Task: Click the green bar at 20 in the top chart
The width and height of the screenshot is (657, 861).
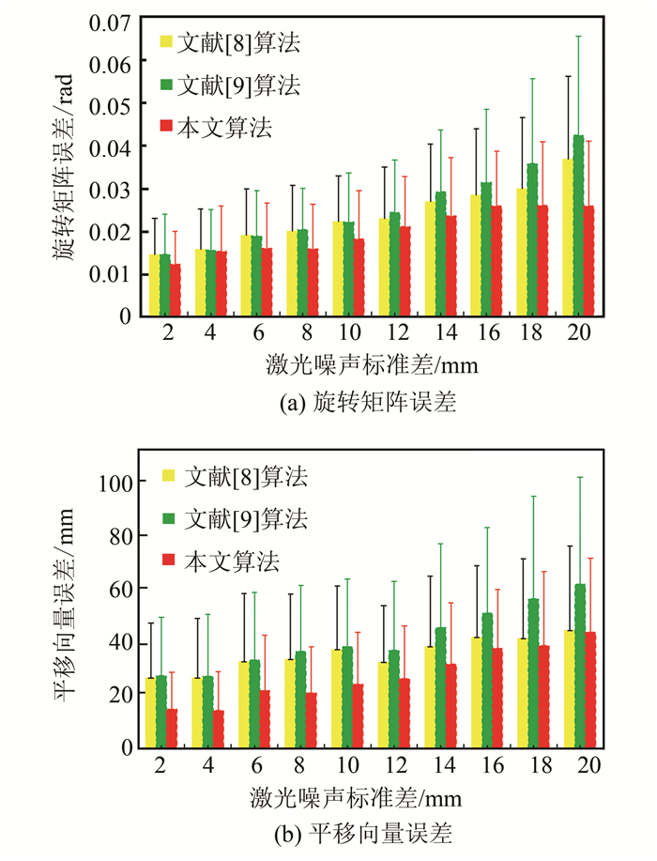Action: click(578, 225)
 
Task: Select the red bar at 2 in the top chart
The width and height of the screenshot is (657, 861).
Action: click(175, 290)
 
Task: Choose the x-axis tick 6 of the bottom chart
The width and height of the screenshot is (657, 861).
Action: click(255, 766)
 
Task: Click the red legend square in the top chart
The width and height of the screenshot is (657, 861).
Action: click(166, 126)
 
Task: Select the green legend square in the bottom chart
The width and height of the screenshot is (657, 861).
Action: click(169, 517)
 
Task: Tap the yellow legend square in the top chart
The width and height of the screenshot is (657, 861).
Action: click(166, 41)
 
